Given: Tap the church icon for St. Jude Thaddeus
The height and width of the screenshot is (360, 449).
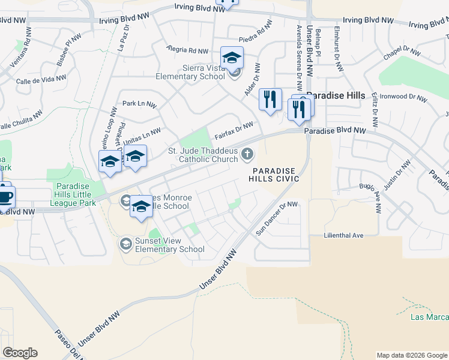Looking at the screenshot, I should click(x=247, y=155).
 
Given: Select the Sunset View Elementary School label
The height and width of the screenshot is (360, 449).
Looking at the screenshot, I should click(x=170, y=245).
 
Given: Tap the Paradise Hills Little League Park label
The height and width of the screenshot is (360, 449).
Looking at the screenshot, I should click(x=74, y=194).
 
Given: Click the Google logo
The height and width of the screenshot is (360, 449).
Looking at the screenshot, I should click(x=20, y=352).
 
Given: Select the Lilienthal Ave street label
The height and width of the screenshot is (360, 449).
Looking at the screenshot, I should click(x=344, y=235).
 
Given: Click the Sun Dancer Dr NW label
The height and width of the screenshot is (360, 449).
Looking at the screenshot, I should click(x=277, y=217).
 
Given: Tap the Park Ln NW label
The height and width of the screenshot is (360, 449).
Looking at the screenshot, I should click(x=139, y=104).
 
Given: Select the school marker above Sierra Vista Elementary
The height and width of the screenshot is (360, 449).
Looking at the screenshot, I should click(x=232, y=59).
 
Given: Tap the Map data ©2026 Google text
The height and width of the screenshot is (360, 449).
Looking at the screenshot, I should click(x=412, y=355).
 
